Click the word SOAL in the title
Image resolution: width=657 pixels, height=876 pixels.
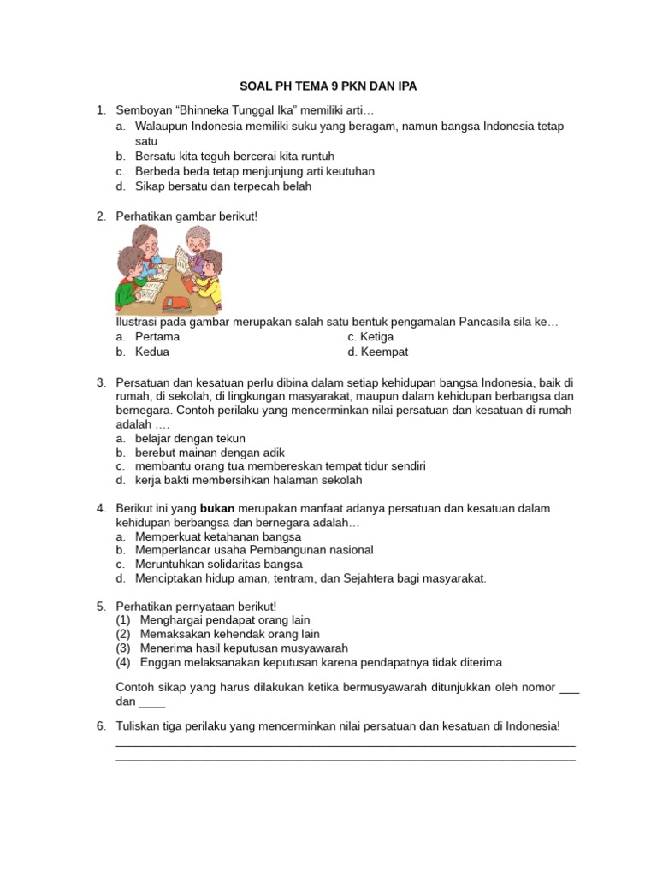coord(253,86)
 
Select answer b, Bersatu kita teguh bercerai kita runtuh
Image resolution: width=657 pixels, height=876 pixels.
coord(234,156)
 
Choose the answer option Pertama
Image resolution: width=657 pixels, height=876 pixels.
coord(157,337)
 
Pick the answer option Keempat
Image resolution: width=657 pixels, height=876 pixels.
coord(384,352)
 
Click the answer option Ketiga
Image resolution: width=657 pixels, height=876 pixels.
coord(377,337)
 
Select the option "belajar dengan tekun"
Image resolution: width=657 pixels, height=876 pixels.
coord(190,438)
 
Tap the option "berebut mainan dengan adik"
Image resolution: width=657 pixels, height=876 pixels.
coord(210,452)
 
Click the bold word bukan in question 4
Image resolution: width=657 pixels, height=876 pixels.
coord(216,508)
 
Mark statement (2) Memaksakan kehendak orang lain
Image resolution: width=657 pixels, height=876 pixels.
coord(227,634)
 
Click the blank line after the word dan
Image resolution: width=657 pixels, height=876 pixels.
coord(152,703)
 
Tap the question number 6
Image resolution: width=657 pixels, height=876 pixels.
coord(101,726)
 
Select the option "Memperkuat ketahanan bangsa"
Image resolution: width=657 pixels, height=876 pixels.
coord(218,536)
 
